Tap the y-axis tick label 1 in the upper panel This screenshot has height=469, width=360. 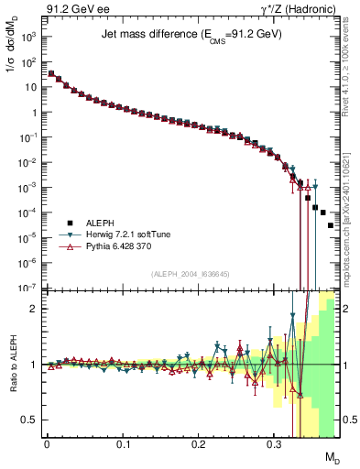click(32, 113)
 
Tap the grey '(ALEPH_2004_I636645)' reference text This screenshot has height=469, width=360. click(191, 274)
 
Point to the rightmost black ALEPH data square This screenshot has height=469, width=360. click(331, 225)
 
